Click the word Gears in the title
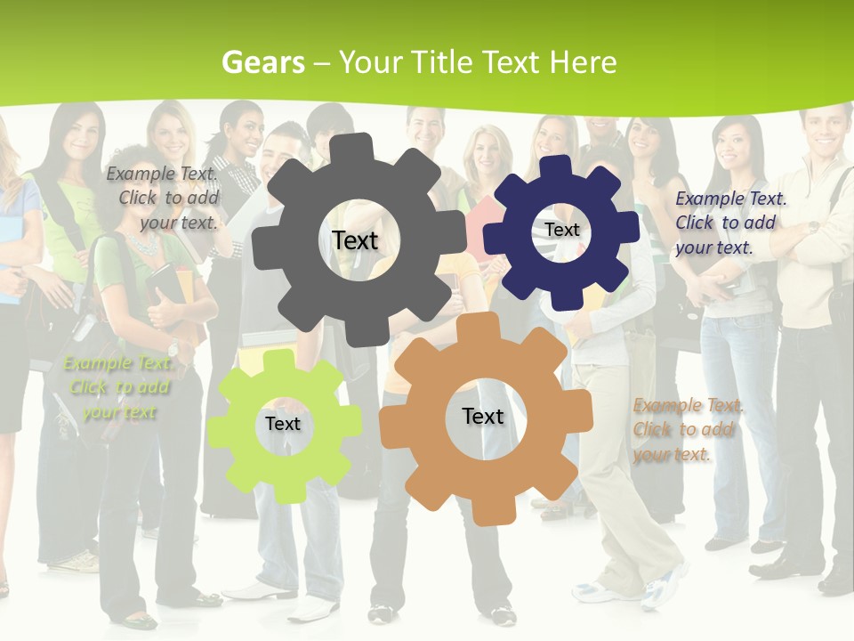tap(263, 62)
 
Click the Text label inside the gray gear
tap(355, 240)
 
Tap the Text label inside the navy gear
tap(562, 230)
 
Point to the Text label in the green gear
tap(283, 424)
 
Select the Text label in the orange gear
tap(483, 416)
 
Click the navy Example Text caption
tap(729, 223)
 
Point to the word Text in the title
tap(511, 62)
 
